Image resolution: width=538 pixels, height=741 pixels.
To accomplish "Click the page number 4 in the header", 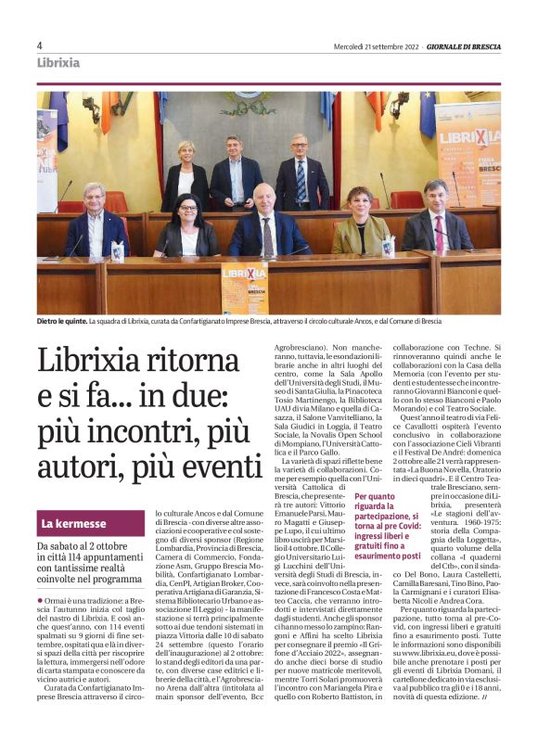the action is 40,45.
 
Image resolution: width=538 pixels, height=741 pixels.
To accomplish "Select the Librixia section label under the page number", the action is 58,63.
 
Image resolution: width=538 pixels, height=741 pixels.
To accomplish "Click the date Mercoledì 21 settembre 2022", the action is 371,45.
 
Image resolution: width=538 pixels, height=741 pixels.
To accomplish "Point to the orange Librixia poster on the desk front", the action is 244,287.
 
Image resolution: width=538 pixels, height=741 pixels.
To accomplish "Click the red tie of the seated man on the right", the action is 438,234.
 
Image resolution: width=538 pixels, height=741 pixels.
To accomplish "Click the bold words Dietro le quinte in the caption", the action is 61,320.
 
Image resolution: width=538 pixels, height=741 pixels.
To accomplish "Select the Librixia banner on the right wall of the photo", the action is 468,148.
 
